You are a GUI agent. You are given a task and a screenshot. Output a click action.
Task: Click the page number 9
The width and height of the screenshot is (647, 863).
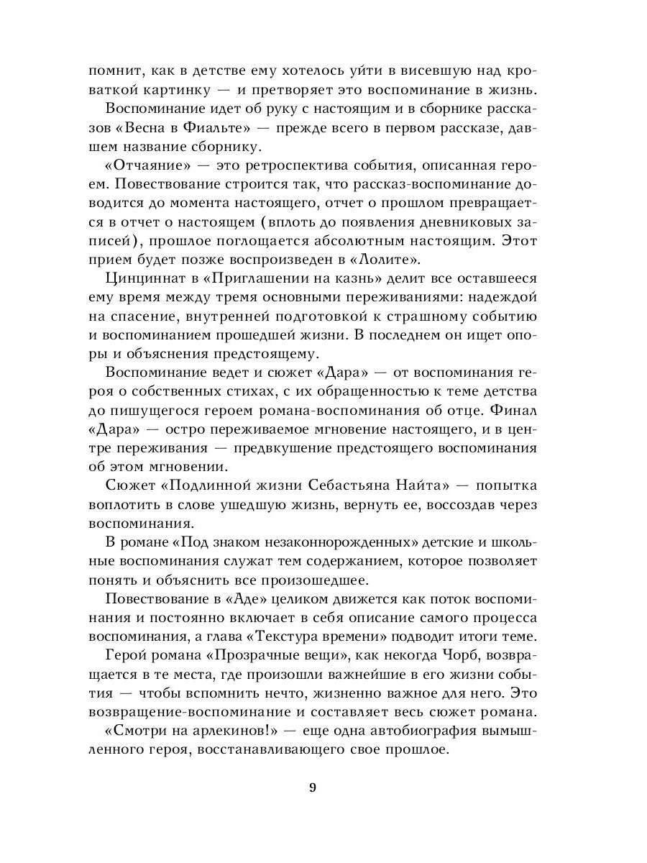(313, 787)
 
